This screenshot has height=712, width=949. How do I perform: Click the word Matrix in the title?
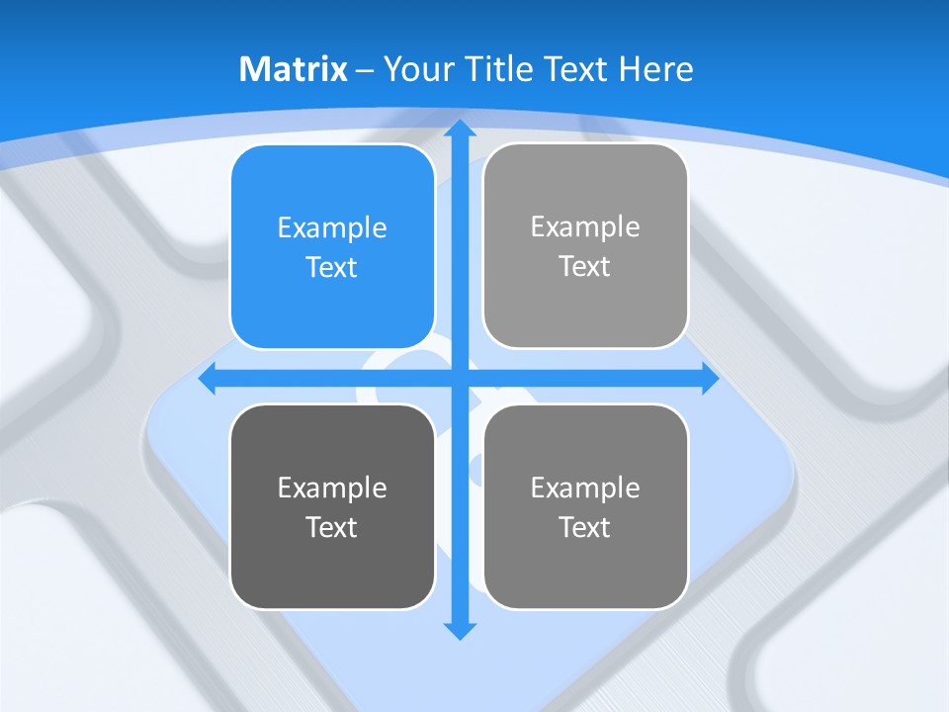[x=294, y=69]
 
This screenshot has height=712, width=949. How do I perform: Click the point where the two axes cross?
[x=459, y=379]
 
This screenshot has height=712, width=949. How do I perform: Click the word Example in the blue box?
[x=332, y=227]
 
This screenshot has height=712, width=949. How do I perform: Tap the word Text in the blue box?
[x=332, y=267]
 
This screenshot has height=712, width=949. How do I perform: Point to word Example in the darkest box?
[x=332, y=488]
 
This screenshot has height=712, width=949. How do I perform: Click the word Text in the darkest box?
[x=332, y=527]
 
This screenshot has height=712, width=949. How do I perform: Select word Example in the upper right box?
[x=585, y=226]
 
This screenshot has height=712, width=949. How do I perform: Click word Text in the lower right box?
[x=585, y=527]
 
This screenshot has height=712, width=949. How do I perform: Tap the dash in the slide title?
[x=366, y=70]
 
